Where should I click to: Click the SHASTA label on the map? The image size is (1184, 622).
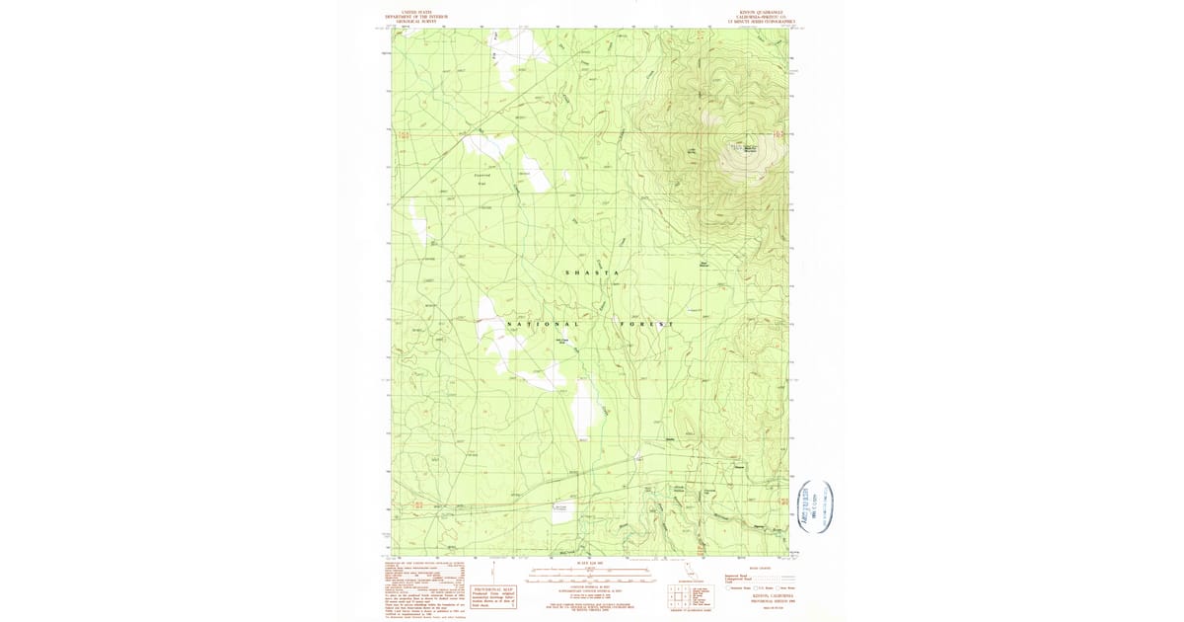tap(592, 272)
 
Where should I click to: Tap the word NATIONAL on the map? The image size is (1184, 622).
tap(542, 325)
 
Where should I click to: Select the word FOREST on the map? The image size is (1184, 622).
tap(647, 325)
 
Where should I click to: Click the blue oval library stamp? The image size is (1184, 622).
tap(815, 505)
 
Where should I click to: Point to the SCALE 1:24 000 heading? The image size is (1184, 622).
tap(589, 564)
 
